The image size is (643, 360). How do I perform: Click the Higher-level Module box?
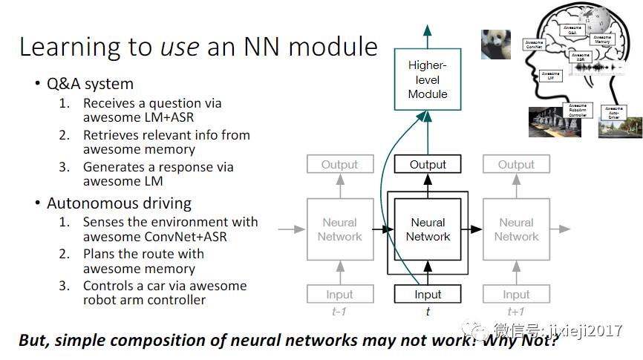428,79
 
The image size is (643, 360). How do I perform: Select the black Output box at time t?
428,165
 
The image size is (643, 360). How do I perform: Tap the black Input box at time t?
428,295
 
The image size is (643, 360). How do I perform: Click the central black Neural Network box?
428,229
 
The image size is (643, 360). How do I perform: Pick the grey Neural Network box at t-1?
339,229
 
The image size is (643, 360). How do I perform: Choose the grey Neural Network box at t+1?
516,229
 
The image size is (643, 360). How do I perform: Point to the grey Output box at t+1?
516,165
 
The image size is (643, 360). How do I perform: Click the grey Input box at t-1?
339,295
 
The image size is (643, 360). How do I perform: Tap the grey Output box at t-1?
339,165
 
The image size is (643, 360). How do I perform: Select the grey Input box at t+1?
516,295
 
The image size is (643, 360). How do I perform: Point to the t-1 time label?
339,312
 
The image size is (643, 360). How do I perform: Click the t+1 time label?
516,312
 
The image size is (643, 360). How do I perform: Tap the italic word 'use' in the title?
179,47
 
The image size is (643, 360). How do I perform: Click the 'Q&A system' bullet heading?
90,84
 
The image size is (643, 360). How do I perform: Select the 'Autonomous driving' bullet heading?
119,203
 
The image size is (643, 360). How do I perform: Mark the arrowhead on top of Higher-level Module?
428,30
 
